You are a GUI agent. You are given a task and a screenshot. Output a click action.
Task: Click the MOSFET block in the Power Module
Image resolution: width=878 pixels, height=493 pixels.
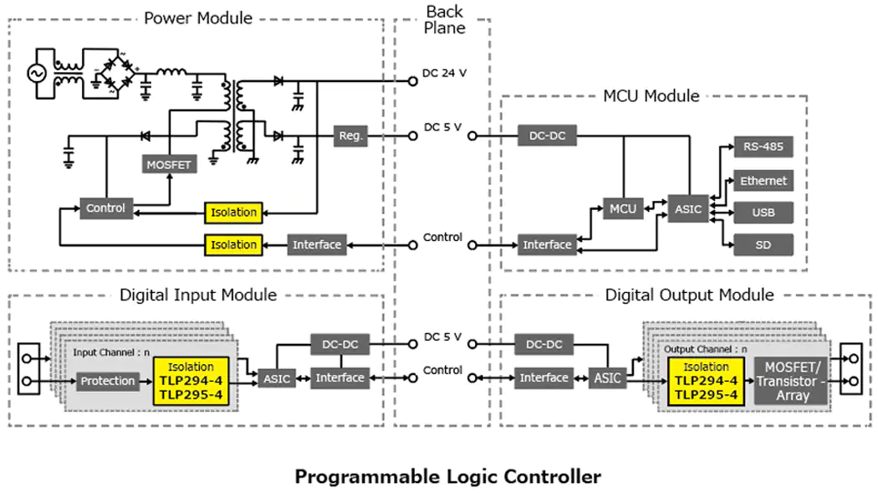[169, 165]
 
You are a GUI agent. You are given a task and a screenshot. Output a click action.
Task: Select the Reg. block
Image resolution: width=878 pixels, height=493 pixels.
[350, 135]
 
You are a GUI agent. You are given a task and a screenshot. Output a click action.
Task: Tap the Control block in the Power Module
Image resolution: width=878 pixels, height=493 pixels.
[105, 208]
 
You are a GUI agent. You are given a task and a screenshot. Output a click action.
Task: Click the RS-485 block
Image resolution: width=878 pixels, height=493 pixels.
[763, 148]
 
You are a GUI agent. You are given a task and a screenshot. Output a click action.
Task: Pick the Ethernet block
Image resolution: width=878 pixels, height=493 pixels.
[763, 181]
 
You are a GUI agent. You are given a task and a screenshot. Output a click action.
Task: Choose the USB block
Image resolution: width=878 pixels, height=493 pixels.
[763, 213]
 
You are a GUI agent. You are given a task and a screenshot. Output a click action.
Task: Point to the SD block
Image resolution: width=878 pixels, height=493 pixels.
[763, 244]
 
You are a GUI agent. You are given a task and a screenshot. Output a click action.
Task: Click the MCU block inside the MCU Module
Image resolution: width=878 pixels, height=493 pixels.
[623, 208]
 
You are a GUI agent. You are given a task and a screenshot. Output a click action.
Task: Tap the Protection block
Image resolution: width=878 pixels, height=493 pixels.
[107, 381]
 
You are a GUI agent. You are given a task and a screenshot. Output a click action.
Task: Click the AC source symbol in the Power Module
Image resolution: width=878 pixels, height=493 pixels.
[38, 74]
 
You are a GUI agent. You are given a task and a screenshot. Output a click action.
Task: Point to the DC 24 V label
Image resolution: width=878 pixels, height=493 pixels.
[444, 74]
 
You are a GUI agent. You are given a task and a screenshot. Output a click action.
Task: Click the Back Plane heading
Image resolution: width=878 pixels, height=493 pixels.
[444, 18]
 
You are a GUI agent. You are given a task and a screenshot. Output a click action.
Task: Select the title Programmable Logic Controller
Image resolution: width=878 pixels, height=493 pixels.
[447, 477]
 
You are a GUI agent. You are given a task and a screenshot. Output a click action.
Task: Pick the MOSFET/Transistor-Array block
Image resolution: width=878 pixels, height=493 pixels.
[792, 381]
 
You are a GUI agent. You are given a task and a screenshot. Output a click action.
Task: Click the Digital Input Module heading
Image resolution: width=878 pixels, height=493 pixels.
[198, 295]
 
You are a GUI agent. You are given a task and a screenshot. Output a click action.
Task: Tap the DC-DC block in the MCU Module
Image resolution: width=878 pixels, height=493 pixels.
[547, 135]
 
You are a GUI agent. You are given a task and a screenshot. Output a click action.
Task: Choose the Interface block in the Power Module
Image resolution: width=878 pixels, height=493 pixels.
[317, 244]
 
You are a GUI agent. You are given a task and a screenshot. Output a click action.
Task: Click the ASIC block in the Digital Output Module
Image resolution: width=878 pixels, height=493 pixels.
[608, 377]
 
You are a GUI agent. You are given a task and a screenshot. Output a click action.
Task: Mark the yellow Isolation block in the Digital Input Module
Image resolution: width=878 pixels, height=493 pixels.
[191, 381]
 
